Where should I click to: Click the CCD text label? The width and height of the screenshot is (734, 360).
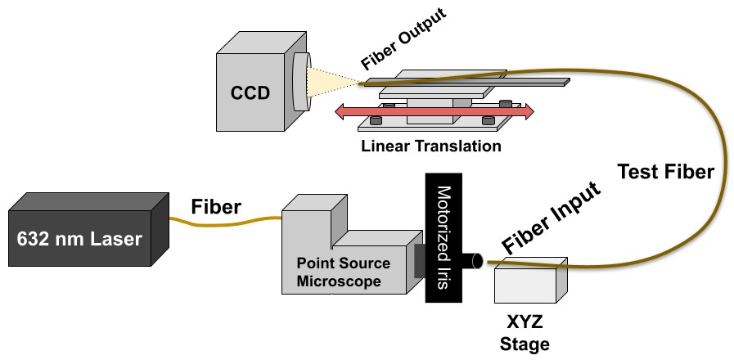point(250,92)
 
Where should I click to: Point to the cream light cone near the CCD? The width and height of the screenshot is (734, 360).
point(327,82)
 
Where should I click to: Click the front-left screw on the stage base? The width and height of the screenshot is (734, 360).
point(376,120)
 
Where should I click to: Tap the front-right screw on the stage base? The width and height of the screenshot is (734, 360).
point(489,120)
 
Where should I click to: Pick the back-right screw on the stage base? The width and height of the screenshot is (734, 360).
point(506,105)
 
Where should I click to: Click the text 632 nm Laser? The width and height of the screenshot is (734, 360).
point(79,240)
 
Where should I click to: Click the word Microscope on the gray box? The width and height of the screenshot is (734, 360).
point(339,281)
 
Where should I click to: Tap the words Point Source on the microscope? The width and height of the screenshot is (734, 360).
point(343,263)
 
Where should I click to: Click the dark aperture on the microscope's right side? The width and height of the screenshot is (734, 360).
point(420,261)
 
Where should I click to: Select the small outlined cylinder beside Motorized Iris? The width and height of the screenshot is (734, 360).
point(474,261)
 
